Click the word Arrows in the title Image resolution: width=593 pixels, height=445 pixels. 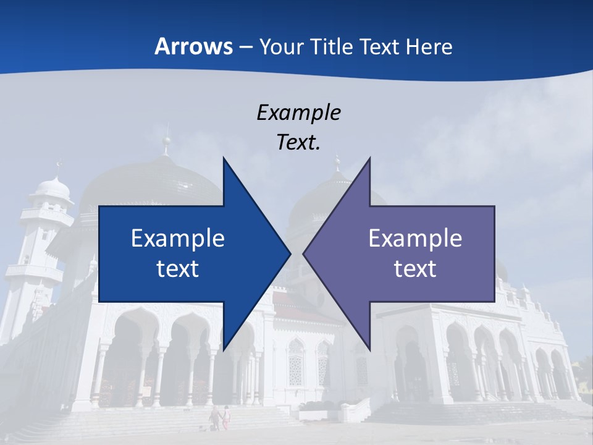click(193, 46)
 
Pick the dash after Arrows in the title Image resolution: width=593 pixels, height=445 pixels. click(245, 48)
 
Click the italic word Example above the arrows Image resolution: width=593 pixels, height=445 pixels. click(298, 112)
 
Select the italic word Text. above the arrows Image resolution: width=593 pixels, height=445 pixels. click(298, 142)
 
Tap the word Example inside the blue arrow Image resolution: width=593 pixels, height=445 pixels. click(178, 239)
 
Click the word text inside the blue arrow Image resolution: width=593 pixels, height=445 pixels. click(178, 268)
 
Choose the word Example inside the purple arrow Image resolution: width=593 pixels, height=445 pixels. click(415, 239)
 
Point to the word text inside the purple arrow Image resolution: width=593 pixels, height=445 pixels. click(415, 268)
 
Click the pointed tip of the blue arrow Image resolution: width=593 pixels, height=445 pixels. click(290, 253)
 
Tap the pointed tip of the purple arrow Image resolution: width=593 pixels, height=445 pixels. click(304, 253)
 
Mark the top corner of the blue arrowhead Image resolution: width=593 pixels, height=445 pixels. click(224, 158)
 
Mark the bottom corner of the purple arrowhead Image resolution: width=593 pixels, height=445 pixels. click(369, 349)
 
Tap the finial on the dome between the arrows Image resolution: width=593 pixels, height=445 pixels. click(337, 164)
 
